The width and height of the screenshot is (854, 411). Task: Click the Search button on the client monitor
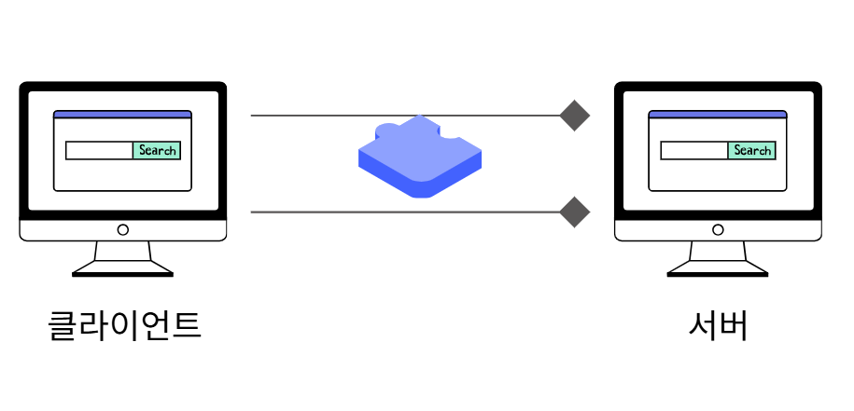click(157, 150)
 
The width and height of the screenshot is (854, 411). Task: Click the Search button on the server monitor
click(751, 150)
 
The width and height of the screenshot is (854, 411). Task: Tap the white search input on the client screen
click(99, 150)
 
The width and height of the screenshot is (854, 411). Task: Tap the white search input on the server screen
click(693, 150)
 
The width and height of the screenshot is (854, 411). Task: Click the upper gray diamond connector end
click(575, 116)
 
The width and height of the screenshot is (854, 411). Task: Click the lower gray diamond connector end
click(575, 212)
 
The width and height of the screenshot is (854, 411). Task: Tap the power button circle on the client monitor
click(122, 229)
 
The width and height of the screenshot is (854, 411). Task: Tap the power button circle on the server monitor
click(717, 229)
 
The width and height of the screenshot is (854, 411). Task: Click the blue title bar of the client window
click(122, 115)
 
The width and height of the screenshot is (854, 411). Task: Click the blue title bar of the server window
click(717, 115)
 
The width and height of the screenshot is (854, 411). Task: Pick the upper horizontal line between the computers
click(308, 116)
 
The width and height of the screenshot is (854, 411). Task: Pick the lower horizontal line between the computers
click(308, 212)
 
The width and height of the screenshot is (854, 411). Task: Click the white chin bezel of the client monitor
click(65, 229)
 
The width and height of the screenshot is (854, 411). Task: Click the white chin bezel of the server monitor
click(663, 229)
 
